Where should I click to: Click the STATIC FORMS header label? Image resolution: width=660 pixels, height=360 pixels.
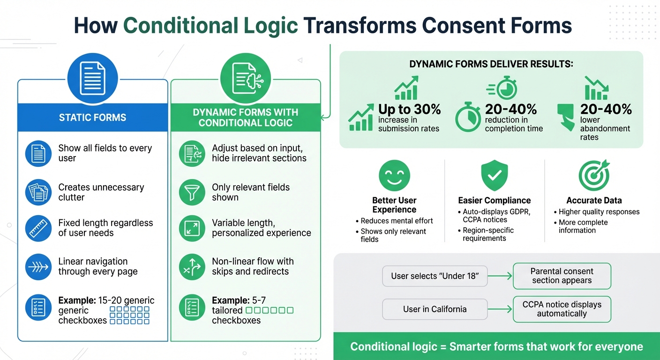(x=92, y=117)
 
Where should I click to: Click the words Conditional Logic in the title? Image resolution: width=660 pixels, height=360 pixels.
(x=210, y=26)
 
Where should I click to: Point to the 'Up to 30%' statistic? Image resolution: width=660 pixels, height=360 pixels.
(x=409, y=109)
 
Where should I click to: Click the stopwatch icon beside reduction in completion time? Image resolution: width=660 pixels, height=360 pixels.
(x=468, y=117)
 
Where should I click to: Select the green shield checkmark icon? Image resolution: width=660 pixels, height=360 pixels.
(x=495, y=175)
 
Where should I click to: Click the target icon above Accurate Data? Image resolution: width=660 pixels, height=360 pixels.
(x=594, y=175)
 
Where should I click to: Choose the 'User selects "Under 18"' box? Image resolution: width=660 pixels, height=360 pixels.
(x=435, y=276)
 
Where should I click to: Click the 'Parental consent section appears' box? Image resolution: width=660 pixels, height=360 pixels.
(x=562, y=276)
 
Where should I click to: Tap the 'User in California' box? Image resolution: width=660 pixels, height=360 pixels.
(x=435, y=309)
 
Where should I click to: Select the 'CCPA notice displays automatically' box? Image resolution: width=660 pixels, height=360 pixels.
(x=562, y=309)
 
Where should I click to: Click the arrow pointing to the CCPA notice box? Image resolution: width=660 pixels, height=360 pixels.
(x=500, y=309)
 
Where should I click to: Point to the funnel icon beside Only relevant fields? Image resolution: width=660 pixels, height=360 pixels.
(x=192, y=192)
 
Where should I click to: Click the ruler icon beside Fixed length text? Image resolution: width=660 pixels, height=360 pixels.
(x=38, y=228)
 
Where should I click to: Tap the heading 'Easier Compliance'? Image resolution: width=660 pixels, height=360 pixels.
(x=495, y=201)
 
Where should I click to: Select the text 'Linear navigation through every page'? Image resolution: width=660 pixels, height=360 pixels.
(x=97, y=266)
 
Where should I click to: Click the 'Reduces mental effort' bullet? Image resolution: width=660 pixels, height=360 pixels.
(x=397, y=221)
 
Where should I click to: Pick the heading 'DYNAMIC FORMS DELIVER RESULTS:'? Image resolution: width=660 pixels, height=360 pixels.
(x=491, y=64)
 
